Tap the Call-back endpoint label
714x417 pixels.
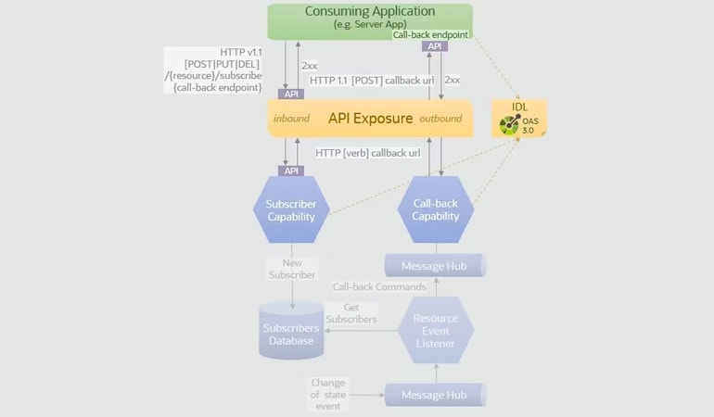[431, 34]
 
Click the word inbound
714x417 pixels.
[291, 120]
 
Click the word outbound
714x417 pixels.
[440, 120]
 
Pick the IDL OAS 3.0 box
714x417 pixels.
[519, 119]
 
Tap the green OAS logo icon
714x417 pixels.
[509, 124]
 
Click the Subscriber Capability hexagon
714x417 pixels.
[291, 210]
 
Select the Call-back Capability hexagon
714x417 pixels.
[435, 210]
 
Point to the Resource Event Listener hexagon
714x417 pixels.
[435, 331]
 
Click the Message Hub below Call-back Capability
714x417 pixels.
[434, 267]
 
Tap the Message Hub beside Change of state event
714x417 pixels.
[434, 395]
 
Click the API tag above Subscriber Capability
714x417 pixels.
[292, 171]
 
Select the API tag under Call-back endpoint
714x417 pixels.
[433, 46]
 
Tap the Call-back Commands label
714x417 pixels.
[378, 287]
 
